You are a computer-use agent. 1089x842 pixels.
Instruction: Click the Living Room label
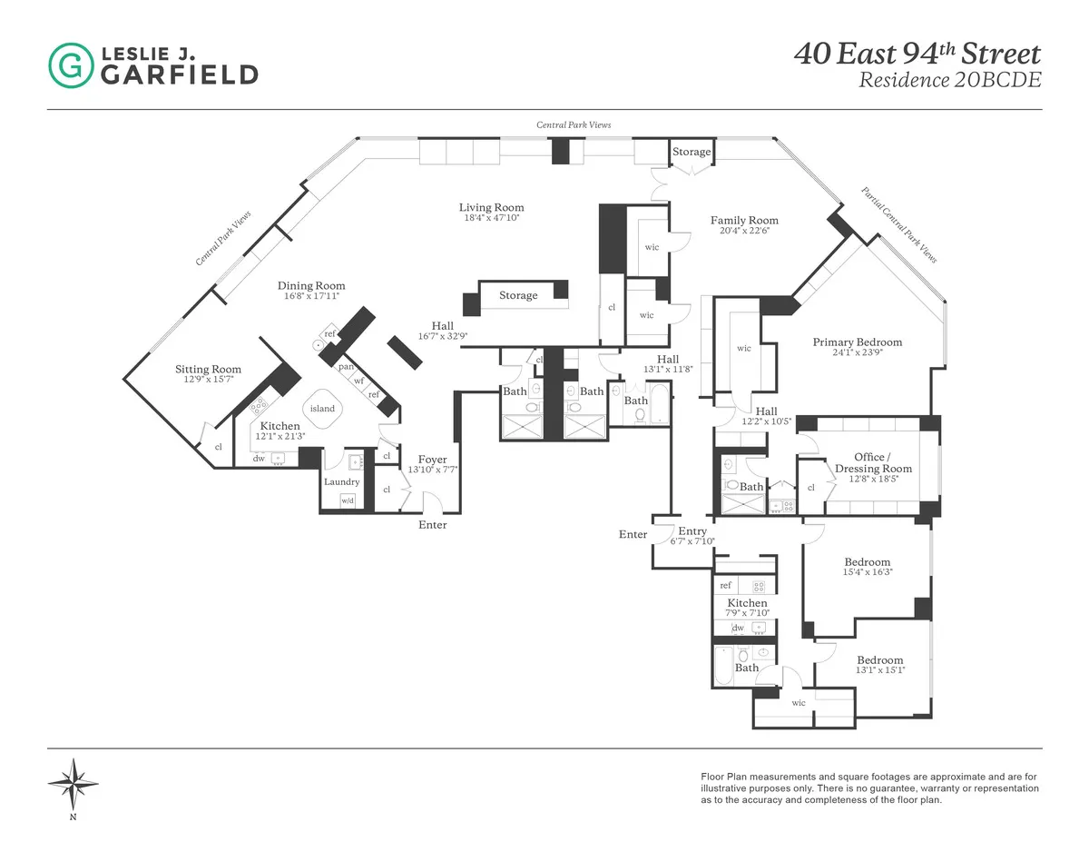tap(491, 208)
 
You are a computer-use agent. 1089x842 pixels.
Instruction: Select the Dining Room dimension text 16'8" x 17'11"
tap(311, 296)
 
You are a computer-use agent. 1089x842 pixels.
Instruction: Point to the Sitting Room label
tap(208, 369)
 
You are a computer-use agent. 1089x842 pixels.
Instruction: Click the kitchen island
tap(322, 408)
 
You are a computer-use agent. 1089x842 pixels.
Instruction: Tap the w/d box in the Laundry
tap(348, 500)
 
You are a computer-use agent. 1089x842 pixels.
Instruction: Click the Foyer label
tap(433, 460)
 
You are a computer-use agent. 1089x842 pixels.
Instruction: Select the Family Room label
tap(744, 220)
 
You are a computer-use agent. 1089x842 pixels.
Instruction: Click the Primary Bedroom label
tap(858, 342)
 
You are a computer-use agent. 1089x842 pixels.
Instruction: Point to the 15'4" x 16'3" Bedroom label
tap(867, 562)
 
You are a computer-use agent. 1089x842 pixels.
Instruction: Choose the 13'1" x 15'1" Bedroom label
tap(880, 660)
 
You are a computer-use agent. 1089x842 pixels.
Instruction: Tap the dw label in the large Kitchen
tap(259, 459)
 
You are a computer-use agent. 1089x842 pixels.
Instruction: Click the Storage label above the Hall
tap(518, 295)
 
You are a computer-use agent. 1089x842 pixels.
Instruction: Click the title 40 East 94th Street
tap(917, 54)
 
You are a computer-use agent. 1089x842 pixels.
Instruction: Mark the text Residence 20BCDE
tap(949, 80)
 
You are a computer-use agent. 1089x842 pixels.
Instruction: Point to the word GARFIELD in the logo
tap(179, 75)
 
